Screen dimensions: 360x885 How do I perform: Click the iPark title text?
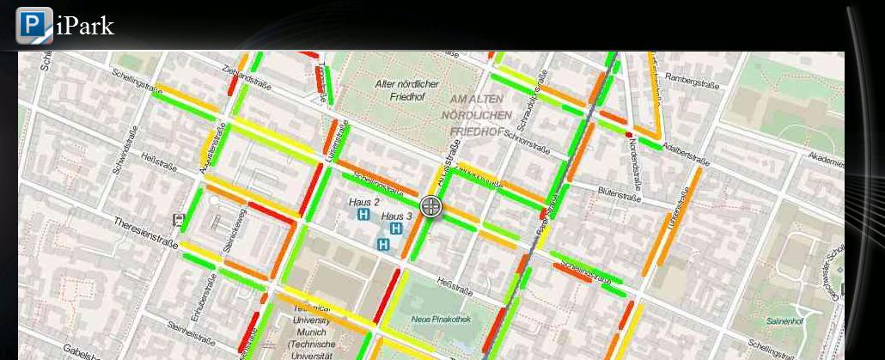[84, 26]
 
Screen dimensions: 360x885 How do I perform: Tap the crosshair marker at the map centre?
[431, 206]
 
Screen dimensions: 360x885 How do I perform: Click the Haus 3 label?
[397, 215]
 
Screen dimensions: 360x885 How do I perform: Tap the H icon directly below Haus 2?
[363, 215]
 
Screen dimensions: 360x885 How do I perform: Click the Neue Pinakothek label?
[433, 319]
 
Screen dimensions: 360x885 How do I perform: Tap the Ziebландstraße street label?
[246, 78]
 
